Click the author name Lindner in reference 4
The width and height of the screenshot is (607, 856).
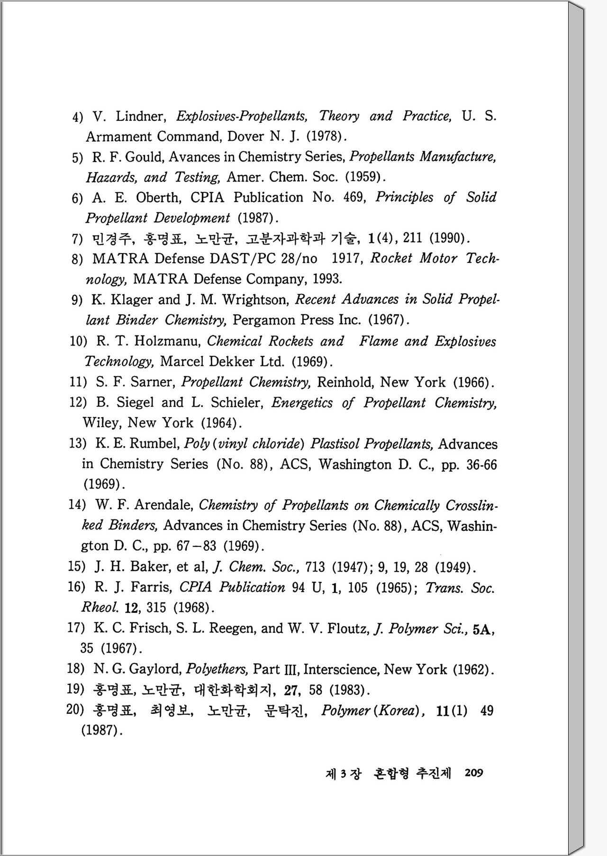click(140, 117)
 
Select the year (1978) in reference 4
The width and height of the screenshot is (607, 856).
click(324, 137)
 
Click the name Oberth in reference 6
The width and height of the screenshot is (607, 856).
click(158, 198)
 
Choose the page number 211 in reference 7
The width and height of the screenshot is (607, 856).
click(412, 238)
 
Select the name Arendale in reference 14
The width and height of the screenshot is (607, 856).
click(163, 505)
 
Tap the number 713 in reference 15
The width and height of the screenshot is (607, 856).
click(315, 567)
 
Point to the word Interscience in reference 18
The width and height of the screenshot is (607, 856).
click(340, 670)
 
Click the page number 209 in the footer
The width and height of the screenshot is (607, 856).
click(474, 773)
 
